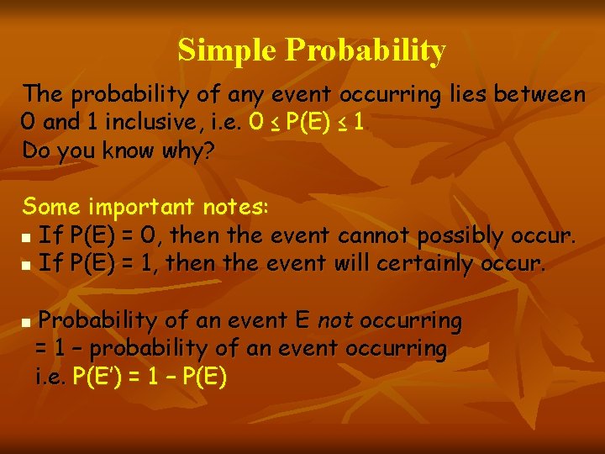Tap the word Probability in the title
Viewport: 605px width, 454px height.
366,52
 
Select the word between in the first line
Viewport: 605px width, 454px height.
539,94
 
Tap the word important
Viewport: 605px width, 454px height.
141,207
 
